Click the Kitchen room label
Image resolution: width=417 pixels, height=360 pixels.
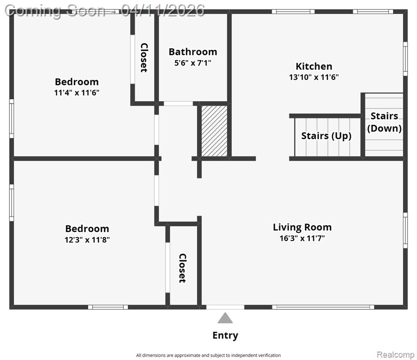point(314,66)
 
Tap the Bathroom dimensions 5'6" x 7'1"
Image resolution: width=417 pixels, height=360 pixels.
point(193,63)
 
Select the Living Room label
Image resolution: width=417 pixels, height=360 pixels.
point(302,227)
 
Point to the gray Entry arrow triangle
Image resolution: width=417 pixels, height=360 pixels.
point(225,318)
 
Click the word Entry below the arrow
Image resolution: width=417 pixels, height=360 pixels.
point(225,335)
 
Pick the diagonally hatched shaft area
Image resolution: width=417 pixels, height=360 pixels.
point(214,131)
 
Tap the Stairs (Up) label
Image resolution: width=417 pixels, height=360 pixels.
point(326,136)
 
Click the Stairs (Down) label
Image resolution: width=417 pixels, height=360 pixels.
point(384,122)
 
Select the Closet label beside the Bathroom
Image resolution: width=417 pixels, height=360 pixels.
point(144,58)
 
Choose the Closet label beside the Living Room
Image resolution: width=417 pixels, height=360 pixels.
point(182,268)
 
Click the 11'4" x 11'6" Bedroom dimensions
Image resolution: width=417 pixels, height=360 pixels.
point(76,93)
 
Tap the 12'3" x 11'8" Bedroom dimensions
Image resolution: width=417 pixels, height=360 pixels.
point(87,240)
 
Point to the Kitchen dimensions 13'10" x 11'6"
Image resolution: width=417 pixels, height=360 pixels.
point(314,77)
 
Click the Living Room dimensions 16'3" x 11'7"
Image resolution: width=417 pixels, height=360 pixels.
point(302,238)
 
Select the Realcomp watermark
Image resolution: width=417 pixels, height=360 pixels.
point(395,355)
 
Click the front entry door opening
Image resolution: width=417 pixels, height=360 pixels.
point(225,307)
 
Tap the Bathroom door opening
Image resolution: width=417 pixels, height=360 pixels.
point(178,104)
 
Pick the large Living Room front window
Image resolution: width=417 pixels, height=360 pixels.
point(323,307)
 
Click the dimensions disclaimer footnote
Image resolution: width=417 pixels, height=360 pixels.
point(208,355)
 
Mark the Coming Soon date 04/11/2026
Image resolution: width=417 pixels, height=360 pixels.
point(163,11)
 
